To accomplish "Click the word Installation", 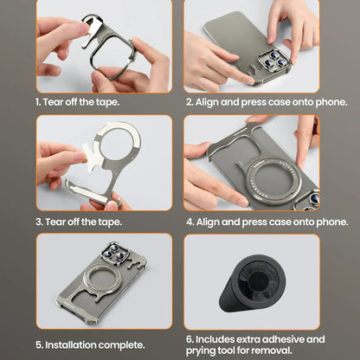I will pos(74,344).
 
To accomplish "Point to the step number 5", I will pos(39,344).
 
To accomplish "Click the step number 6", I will pos(190,339).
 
